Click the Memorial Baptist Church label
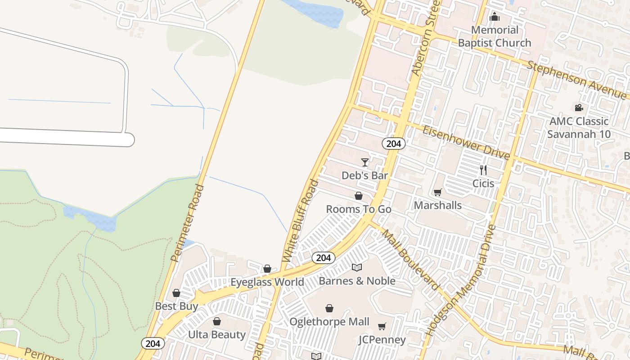pyautogui.click(x=495, y=36)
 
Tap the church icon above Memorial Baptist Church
pyautogui.click(x=495, y=17)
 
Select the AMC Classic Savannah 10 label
pyautogui.click(x=579, y=128)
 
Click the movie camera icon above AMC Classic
pyautogui.click(x=579, y=108)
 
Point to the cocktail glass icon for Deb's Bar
pyautogui.click(x=365, y=162)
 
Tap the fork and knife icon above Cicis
pyautogui.click(x=483, y=170)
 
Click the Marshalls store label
pyautogui.click(x=437, y=205)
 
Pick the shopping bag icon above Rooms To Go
pyautogui.click(x=359, y=196)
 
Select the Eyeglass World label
pyautogui.click(x=267, y=282)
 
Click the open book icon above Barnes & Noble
pyautogui.click(x=357, y=267)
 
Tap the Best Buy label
pyautogui.click(x=176, y=306)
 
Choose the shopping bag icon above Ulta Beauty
pyautogui.click(x=217, y=321)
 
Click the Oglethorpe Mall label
pyautogui.click(x=329, y=322)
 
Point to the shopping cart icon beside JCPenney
pyautogui.click(x=382, y=326)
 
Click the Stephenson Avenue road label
pyautogui.click(x=576, y=81)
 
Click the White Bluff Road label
pyautogui.click(x=300, y=221)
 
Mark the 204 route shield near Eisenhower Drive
pyautogui.click(x=394, y=144)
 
